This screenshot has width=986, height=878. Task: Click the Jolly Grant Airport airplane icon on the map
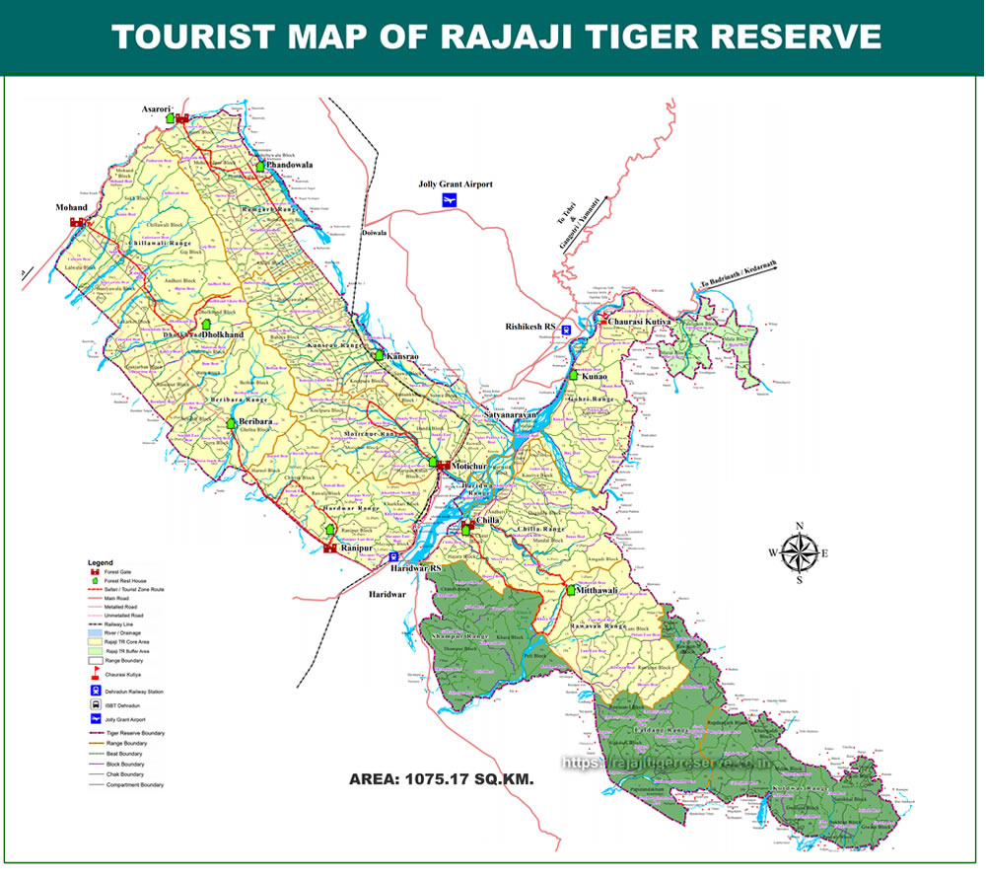click(x=450, y=201)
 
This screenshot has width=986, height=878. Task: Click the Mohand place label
click(x=72, y=208)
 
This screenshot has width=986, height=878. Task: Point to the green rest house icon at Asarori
click(x=169, y=117)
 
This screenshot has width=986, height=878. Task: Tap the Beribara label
click(x=255, y=421)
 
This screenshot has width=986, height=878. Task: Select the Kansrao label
click(x=403, y=355)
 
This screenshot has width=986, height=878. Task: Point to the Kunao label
click(x=595, y=376)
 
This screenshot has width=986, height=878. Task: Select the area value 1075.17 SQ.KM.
click(x=441, y=779)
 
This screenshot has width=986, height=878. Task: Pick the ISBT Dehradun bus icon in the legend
click(x=96, y=705)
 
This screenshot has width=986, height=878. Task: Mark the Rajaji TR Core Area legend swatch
click(x=96, y=642)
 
